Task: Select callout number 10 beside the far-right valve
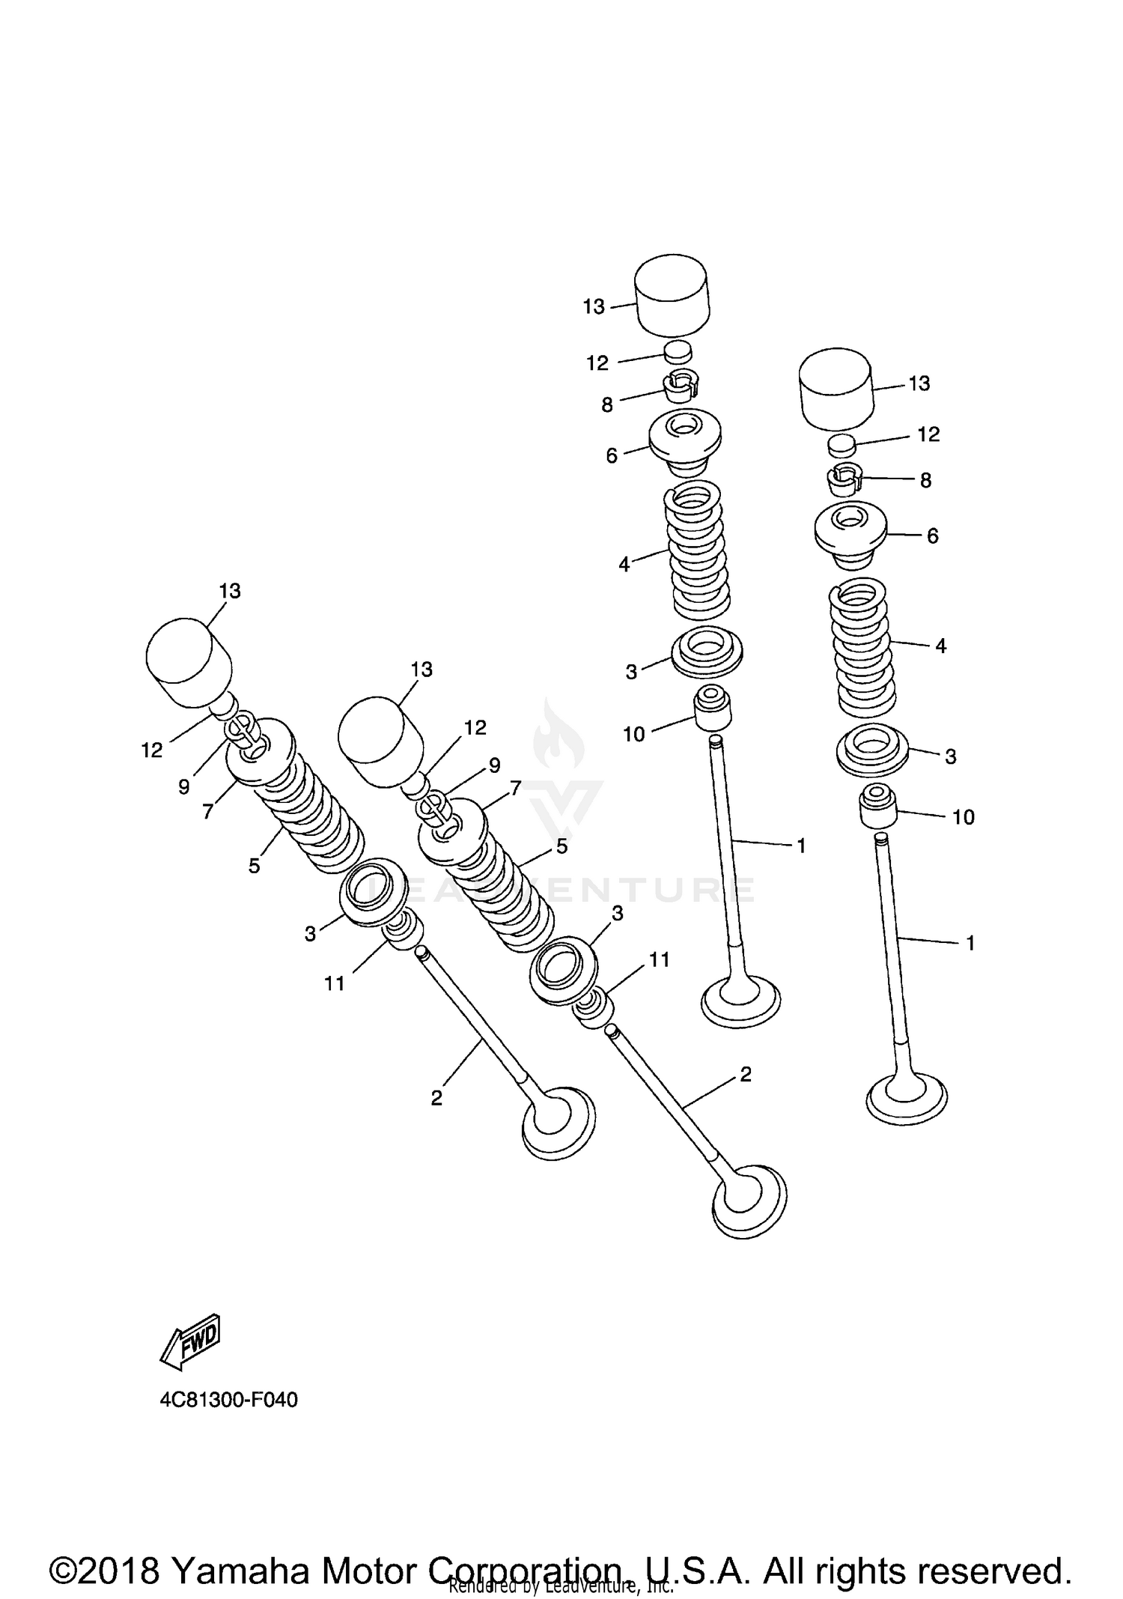tap(963, 817)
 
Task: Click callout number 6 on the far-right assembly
tap(932, 536)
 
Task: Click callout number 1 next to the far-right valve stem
tap(970, 944)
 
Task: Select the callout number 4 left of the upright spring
tap(624, 565)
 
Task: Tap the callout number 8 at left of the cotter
tap(606, 405)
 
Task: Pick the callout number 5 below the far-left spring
tap(255, 867)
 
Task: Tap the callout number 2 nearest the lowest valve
tap(745, 1075)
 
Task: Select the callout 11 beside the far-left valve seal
tap(335, 983)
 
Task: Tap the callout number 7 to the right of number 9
tap(514, 787)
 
